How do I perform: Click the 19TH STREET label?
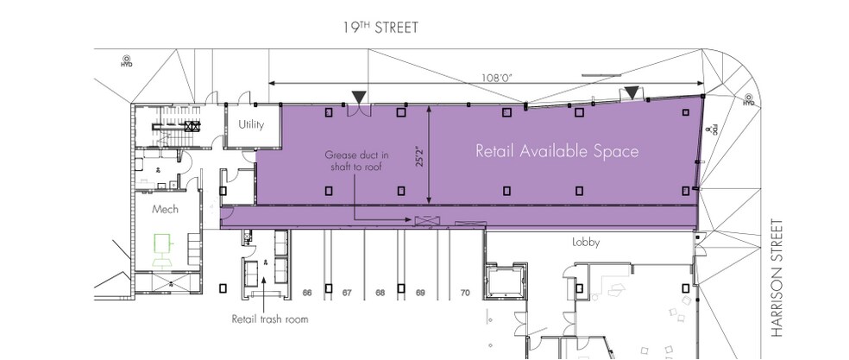point(380,28)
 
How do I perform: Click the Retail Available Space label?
point(557,152)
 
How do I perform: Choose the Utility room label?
point(251,125)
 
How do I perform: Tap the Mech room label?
point(164,210)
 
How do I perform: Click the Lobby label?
point(586,243)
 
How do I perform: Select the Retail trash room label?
point(269,319)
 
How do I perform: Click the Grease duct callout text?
point(356,161)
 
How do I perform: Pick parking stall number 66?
point(306,294)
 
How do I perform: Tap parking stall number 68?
point(380,294)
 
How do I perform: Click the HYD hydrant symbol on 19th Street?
point(126,61)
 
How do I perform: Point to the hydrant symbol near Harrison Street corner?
point(748,100)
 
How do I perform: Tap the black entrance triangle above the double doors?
point(357,95)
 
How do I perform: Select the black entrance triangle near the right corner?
point(632,92)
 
